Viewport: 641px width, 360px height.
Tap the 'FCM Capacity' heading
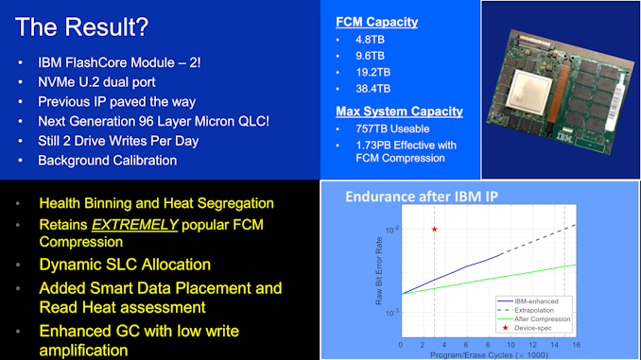tap(377, 22)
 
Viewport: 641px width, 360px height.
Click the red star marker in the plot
tap(434, 230)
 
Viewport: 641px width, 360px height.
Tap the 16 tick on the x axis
tap(575, 344)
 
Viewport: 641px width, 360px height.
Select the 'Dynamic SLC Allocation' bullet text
tap(125, 265)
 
